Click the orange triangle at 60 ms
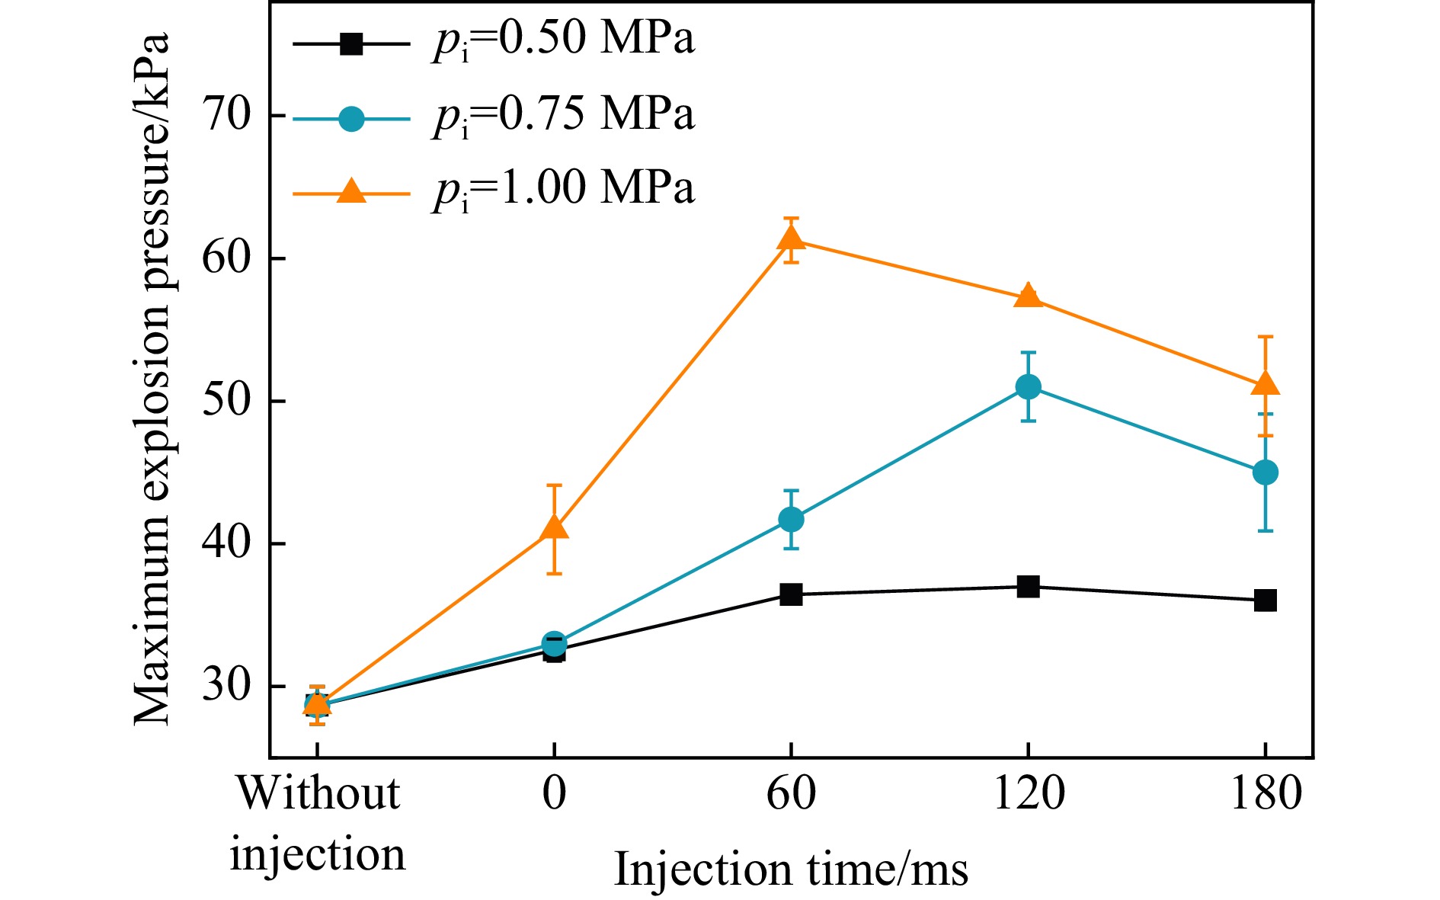[x=791, y=239]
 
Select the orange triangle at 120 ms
[x=1029, y=296]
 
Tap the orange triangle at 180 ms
[x=1266, y=383]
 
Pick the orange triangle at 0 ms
[x=554, y=527]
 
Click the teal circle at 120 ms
[x=1029, y=387]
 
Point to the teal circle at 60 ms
[x=791, y=520]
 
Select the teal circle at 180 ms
[x=1266, y=472]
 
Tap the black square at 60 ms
[x=791, y=594]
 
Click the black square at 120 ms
[x=1029, y=587]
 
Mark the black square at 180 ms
[x=1266, y=601]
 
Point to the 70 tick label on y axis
[x=226, y=115]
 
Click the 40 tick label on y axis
[x=226, y=543]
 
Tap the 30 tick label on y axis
[x=226, y=686]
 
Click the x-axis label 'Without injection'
[x=318, y=823]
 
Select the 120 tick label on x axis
[x=1029, y=794]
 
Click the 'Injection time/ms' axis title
[x=791, y=869]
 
